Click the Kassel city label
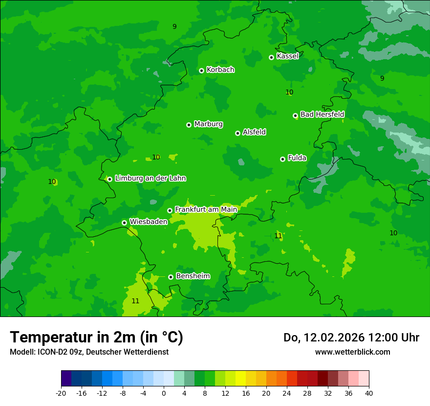287,56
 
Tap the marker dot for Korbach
201,70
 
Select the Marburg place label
208,124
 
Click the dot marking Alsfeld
238,133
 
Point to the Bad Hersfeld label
322,114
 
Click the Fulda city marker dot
282,159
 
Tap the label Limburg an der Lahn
150,179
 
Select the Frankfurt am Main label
206,209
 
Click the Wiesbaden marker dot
125,223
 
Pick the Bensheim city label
193,276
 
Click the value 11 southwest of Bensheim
135,301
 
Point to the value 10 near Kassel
289,92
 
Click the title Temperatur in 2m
96,337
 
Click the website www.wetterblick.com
352,352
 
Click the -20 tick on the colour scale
61,393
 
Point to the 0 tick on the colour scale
164,393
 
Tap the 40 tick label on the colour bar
369,393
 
